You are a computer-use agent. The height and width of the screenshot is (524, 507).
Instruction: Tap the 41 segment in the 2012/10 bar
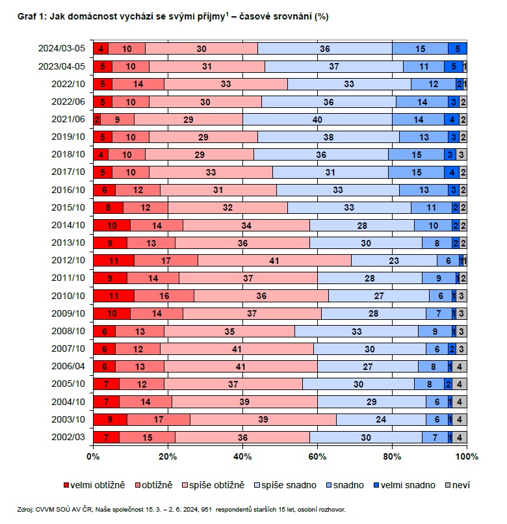pos(274,260)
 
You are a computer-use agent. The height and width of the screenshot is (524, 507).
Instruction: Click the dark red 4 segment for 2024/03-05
pos(101,48)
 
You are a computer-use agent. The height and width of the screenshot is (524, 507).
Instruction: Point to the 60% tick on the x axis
pos(317,456)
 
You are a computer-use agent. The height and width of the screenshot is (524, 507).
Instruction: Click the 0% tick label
pos(93,456)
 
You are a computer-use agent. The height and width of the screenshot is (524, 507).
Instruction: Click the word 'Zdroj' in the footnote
pos(25,509)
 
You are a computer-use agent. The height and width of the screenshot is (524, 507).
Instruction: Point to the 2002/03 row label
pos(68,437)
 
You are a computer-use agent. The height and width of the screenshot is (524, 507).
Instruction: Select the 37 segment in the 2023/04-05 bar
pos(333,66)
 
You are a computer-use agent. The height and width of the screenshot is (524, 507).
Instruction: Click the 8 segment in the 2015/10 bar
pos(108,207)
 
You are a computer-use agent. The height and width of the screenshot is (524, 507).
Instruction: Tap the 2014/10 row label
pos(68,225)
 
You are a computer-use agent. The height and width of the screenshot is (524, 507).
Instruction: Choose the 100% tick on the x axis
pos(466,456)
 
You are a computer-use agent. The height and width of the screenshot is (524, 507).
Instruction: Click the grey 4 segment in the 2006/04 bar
pos(460,366)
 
